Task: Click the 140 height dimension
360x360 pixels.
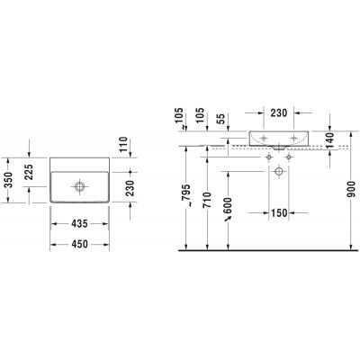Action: pos(330,139)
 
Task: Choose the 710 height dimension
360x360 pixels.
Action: pos(208,199)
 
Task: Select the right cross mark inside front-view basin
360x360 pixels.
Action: pos(292,139)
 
